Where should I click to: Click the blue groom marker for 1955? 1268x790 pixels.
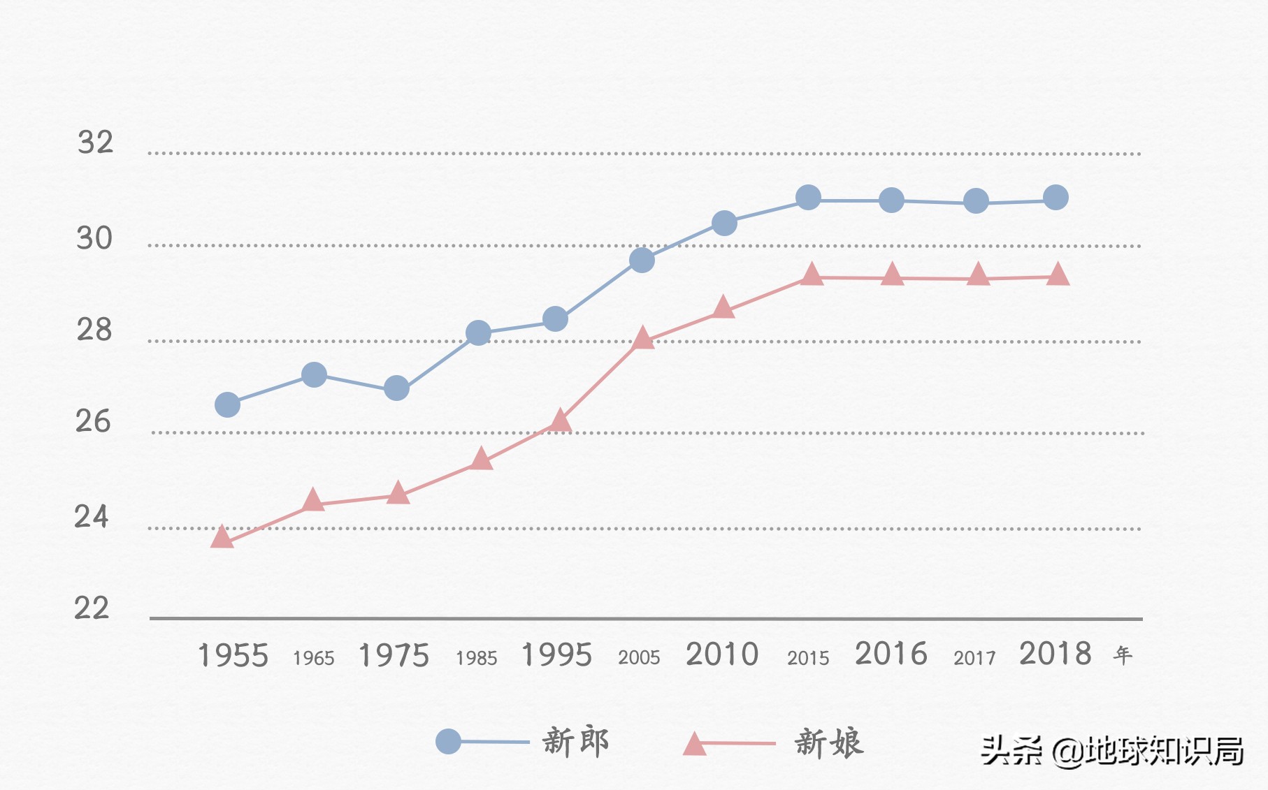[x=227, y=404]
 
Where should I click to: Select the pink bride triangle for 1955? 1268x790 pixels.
[x=222, y=537]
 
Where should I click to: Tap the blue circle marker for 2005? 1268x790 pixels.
[x=642, y=260]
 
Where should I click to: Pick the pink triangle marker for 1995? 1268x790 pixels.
[x=560, y=420]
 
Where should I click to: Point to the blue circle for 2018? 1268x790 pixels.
[x=1056, y=198]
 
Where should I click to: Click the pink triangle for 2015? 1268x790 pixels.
[x=811, y=275]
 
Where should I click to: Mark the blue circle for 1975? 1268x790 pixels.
[x=396, y=388]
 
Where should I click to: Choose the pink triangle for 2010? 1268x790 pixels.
[x=723, y=307]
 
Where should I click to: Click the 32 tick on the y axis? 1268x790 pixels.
[x=95, y=142]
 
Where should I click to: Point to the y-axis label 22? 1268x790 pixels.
[x=92, y=608]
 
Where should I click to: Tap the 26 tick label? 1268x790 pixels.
[x=93, y=421]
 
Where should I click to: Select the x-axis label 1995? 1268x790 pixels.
[x=556, y=655]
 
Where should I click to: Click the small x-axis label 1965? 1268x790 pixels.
[x=314, y=658]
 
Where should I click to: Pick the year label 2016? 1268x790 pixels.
[x=891, y=654]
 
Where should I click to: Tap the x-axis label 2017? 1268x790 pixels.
[x=974, y=658]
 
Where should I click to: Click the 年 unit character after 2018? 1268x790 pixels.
[x=1123, y=655]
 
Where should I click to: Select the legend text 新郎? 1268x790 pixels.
[x=576, y=742]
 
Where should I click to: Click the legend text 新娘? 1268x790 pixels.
[x=829, y=743]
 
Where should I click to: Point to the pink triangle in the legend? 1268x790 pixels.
[x=694, y=745]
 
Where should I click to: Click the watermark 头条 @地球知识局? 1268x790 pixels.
[x=1112, y=752]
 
